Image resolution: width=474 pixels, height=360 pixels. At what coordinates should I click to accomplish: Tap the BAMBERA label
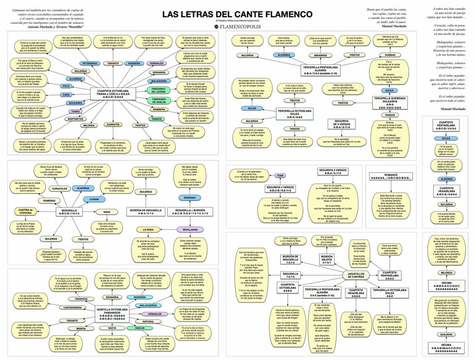tap(159, 109)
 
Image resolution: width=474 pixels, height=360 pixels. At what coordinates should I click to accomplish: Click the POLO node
tap(67, 86)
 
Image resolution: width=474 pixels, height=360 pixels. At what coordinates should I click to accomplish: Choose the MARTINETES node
tap(75, 118)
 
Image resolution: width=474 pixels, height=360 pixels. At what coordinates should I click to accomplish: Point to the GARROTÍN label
tap(113, 125)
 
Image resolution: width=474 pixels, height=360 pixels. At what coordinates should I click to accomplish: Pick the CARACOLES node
tap(60, 188)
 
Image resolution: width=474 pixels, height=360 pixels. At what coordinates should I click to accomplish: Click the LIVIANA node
tap(94, 199)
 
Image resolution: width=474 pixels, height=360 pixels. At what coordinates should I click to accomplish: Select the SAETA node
tap(115, 329)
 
